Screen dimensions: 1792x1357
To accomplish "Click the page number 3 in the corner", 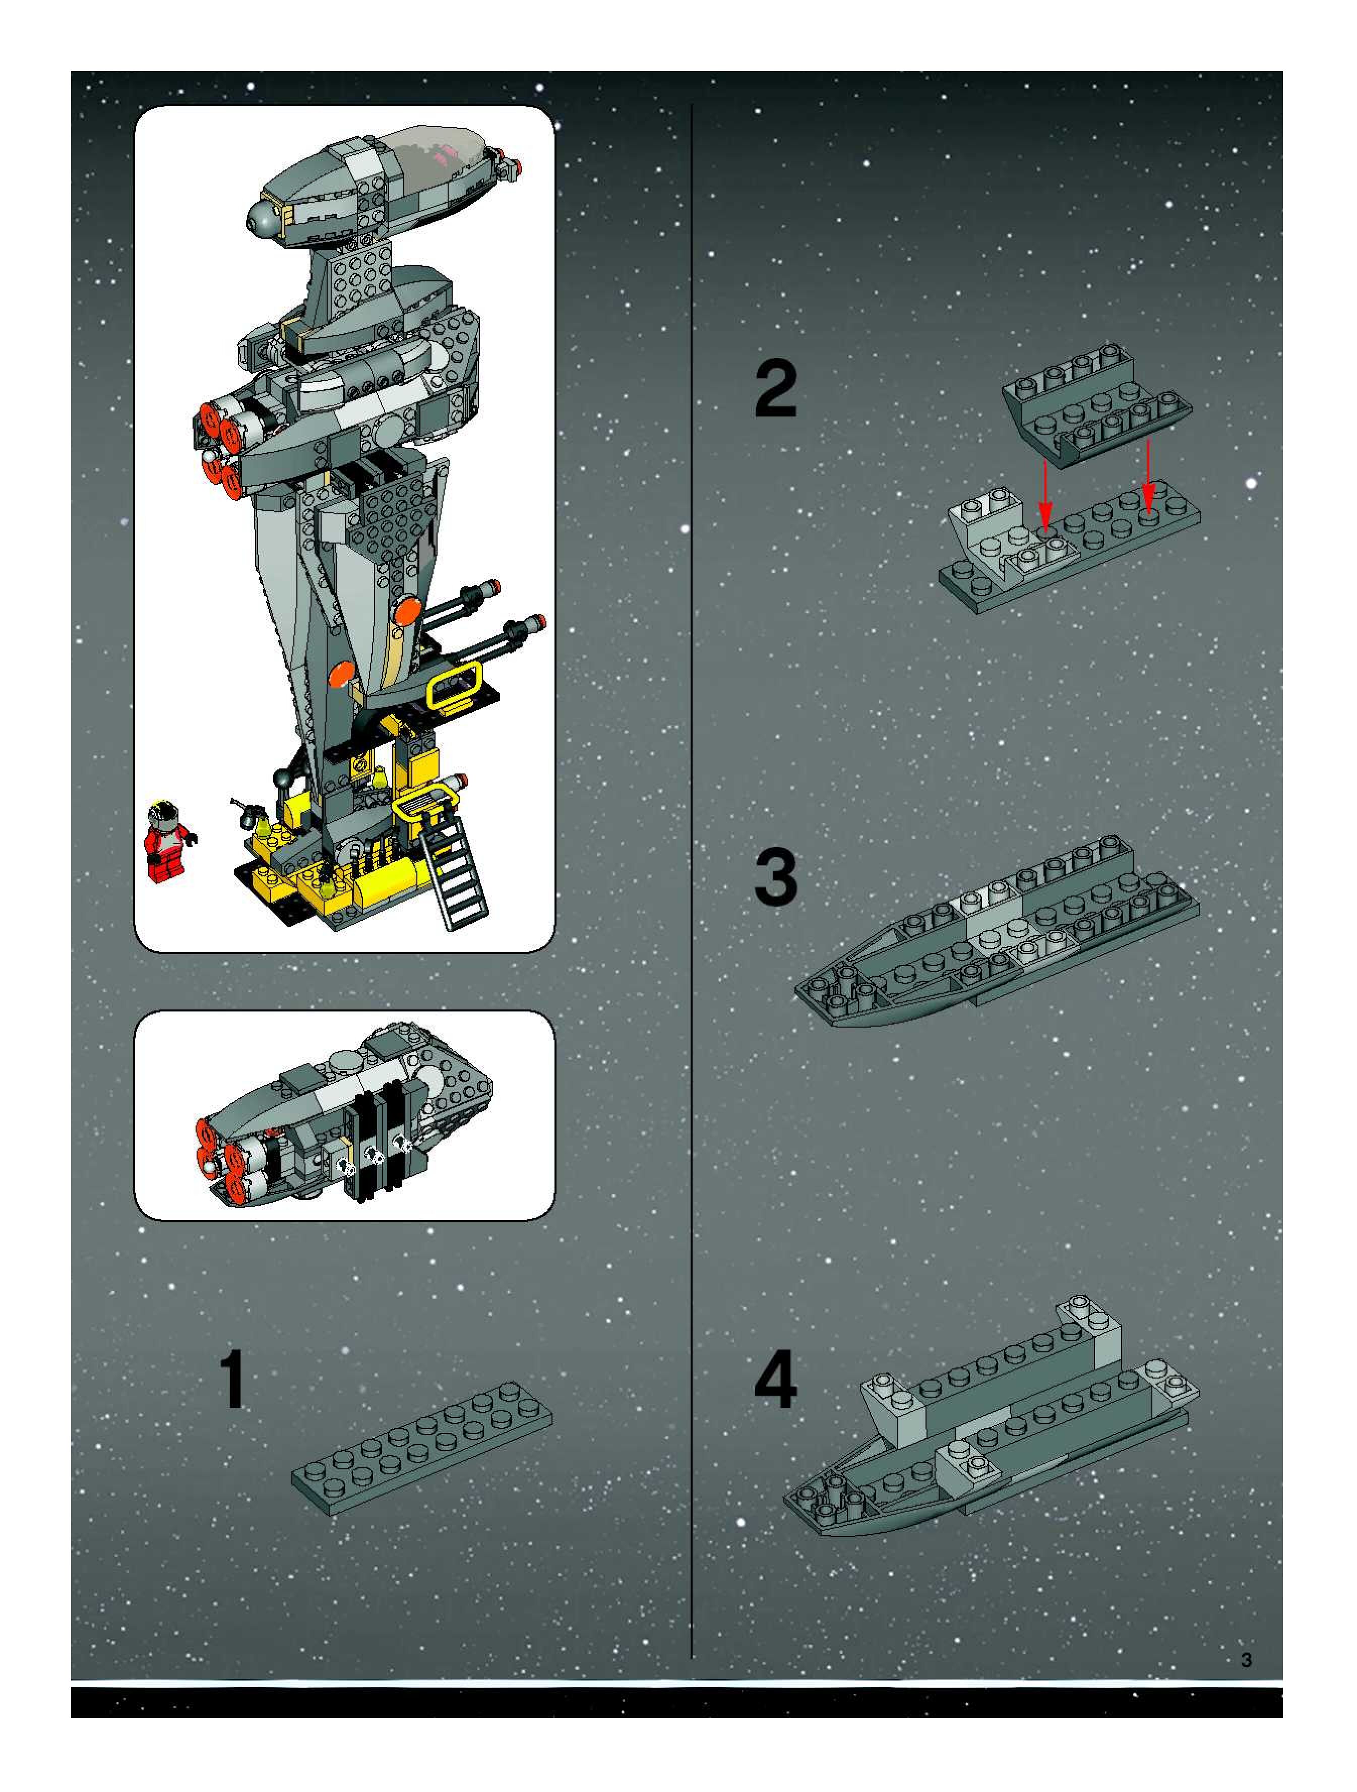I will click(x=1247, y=1660).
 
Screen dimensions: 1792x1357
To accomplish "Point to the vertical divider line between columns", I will click(x=691, y=891).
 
